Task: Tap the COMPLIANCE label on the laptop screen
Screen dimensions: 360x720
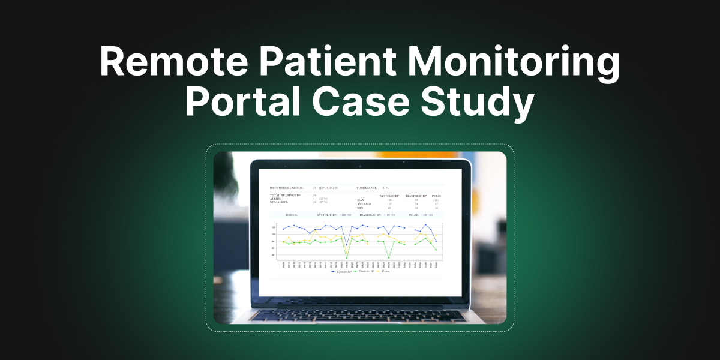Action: pos(367,188)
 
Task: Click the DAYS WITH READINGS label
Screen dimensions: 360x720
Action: pos(287,188)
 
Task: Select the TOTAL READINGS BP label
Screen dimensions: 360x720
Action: pos(284,196)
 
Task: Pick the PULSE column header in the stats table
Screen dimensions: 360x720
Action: pos(437,196)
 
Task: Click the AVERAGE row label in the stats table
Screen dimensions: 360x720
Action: pos(364,203)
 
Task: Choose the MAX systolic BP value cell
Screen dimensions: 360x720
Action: pos(389,200)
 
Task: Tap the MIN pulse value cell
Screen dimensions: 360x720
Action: pos(437,208)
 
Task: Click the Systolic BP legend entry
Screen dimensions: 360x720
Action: pos(341,271)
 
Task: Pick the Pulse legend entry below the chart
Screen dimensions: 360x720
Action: pos(384,271)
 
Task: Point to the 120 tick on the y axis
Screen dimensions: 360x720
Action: pos(274,227)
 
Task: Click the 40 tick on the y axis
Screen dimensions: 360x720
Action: pos(274,255)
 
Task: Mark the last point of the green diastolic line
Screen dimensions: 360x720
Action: pos(436,250)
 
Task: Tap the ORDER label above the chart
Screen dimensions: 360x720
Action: pos(292,214)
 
